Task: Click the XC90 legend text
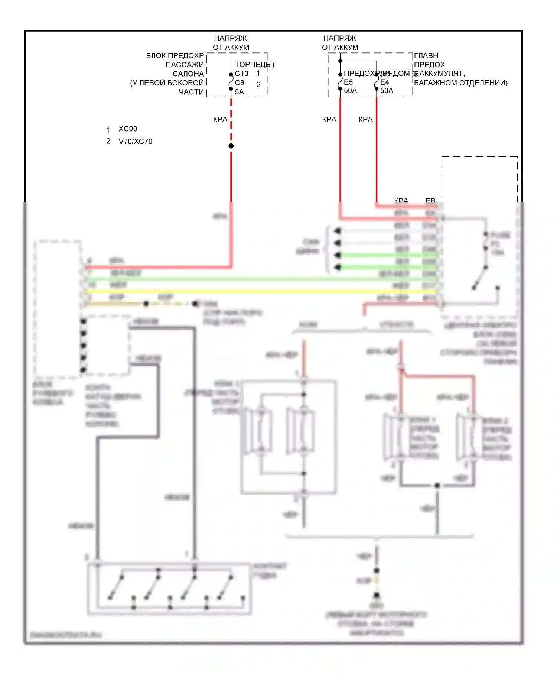pos(128,129)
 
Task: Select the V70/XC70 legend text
pos(135,142)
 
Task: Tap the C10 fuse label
pos(241,74)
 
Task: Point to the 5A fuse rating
pos(239,92)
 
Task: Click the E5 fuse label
pos(348,82)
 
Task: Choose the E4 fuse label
pos(385,82)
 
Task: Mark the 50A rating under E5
pos(350,91)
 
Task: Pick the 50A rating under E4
pos(387,91)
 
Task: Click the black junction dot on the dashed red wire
pos(231,146)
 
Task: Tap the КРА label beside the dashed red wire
pos(220,120)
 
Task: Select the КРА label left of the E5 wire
pos(329,120)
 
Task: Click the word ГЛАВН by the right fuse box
pos(426,56)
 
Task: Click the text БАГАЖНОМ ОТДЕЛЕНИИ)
pos(460,83)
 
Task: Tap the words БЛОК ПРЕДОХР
pos(175,56)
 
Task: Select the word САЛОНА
pos(188,74)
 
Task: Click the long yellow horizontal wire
pos(260,291)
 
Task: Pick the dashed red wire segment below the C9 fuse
pos(231,119)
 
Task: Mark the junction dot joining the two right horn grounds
pos(437,485)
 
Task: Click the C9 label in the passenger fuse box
pos(240,82)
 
